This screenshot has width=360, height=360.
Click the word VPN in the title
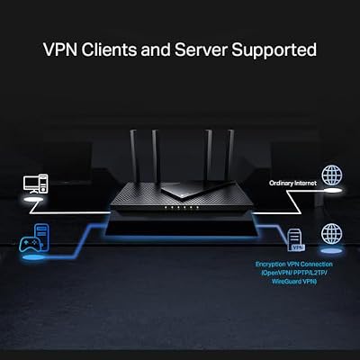60,49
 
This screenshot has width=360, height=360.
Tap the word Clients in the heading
109,49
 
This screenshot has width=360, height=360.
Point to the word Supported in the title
274,50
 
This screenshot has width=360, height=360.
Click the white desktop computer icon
35,184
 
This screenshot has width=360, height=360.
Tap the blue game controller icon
30,245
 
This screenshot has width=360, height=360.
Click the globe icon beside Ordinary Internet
332,175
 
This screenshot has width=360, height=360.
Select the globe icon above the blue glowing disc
331,234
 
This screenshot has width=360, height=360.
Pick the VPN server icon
295,239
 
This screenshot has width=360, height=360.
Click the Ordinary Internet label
292,183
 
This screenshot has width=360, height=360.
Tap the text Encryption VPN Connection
294,265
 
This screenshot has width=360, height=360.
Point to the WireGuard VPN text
294,282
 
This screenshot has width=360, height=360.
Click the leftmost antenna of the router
134,157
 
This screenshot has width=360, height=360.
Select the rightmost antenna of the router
230,156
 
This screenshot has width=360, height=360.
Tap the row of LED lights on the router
182,208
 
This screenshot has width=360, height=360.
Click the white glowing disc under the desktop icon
33,200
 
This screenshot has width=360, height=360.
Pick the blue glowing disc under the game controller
33,257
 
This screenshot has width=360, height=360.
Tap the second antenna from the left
156,157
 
